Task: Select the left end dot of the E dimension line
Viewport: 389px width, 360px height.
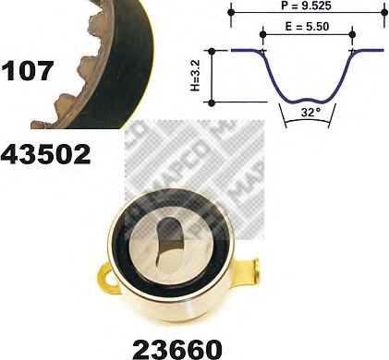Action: pos(263,35)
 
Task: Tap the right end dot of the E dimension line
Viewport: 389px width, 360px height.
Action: pos(350,35)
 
